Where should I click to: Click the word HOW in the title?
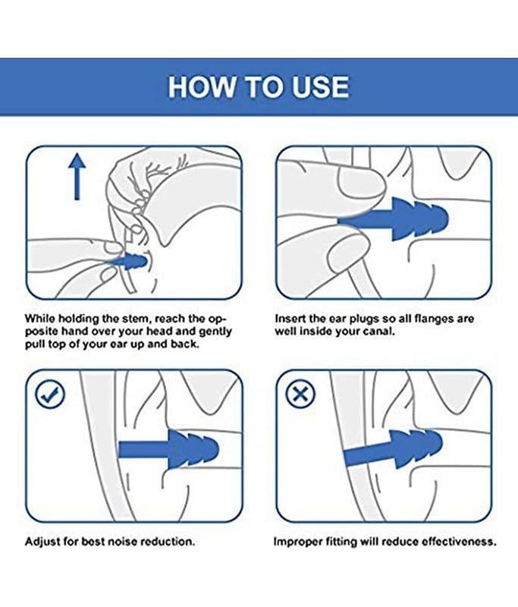201,86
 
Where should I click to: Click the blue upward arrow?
77,176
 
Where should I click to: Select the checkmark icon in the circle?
50,394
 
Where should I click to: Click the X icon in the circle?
300,394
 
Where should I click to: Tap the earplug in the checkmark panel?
168,449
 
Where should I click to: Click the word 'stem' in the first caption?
135,319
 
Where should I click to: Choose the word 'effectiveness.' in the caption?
459,541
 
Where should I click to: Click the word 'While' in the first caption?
40,319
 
